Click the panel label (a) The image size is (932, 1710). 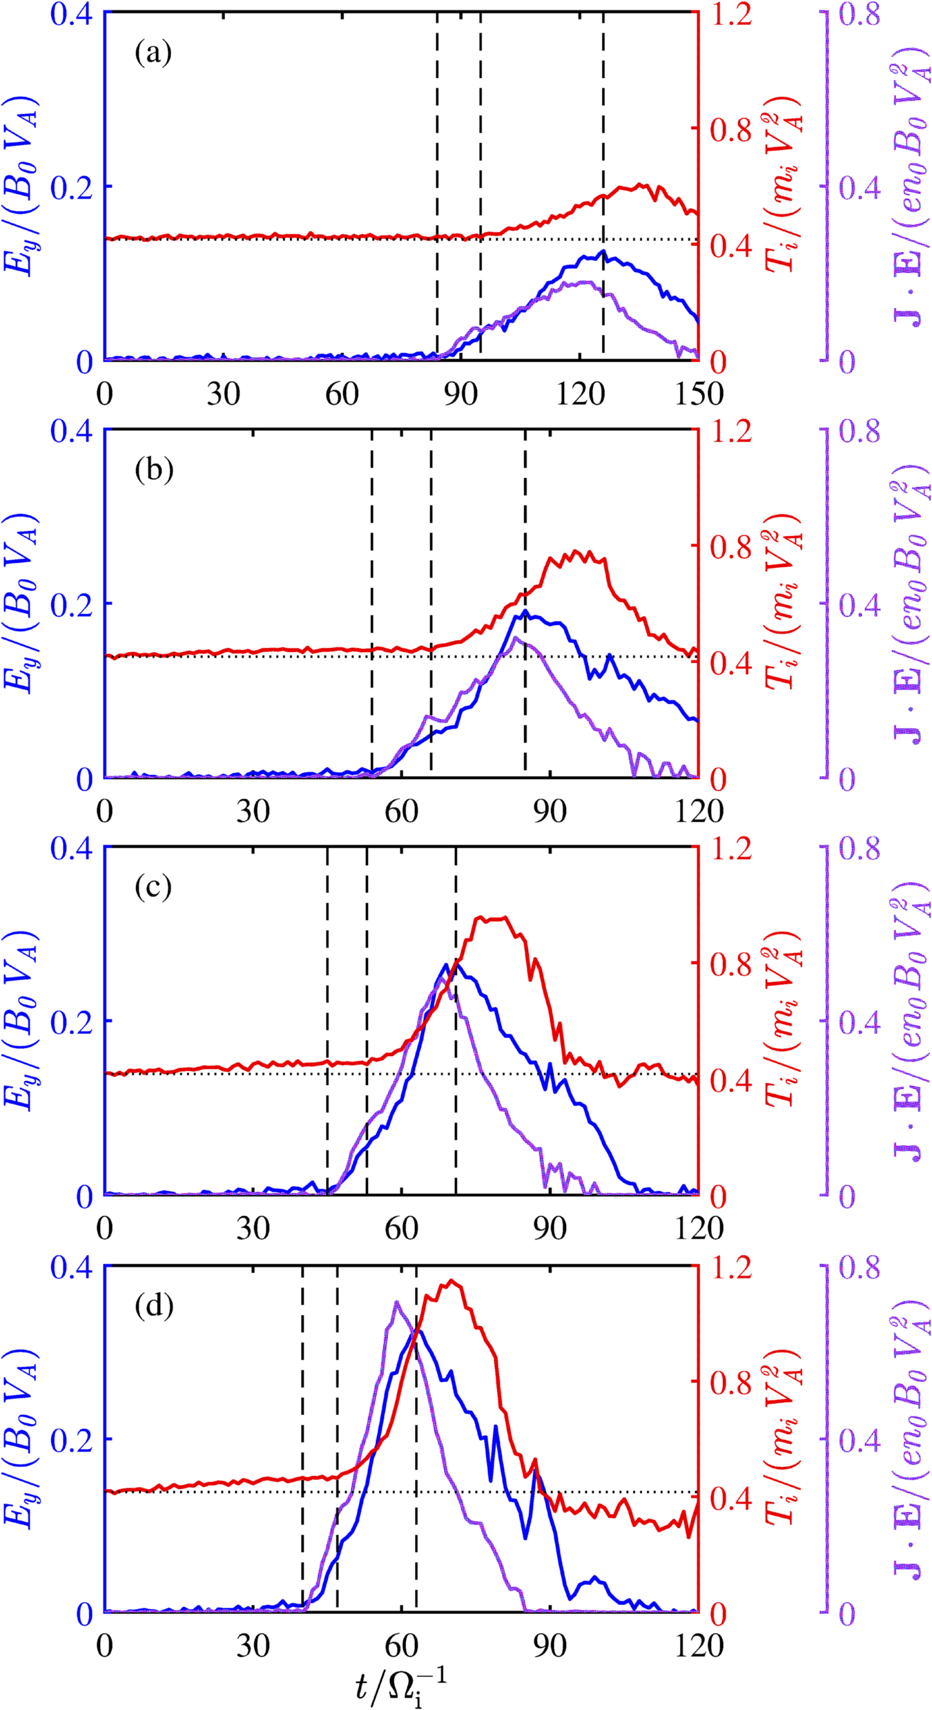(153, 53)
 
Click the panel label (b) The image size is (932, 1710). (153, 470)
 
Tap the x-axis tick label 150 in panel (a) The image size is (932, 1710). (698, 394)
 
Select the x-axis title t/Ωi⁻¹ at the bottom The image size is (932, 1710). (400, 1682)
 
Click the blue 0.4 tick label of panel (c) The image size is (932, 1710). (72, 849)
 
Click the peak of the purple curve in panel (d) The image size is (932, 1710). (396, 1303)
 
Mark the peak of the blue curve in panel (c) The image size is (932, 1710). (446, 965)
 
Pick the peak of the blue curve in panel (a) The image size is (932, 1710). (603, 251)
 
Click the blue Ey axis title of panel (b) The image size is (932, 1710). (22, 603)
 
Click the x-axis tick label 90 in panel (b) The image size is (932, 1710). (550, 811)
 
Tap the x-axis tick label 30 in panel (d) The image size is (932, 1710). (253, 1646)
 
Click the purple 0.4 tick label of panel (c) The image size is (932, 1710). (860, 1023)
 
